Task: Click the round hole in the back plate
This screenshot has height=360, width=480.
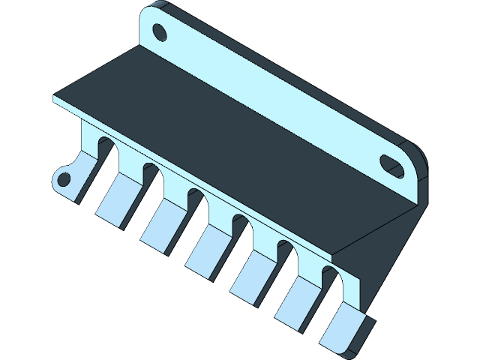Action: click(x=159, y=32)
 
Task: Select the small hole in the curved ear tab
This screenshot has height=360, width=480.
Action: click(x=64, y=179)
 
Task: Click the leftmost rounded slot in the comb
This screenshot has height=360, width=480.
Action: click(x=106, y=154)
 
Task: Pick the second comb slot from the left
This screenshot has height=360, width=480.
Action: click(x=151, y=179)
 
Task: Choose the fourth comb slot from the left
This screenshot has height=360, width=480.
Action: click(x=241, y=229)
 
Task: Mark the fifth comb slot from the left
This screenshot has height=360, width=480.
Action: click(x=286, y=255)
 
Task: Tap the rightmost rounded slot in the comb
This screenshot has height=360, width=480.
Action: click(x=330, y=280)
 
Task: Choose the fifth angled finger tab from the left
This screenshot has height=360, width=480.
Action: click(x=295, y=305)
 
